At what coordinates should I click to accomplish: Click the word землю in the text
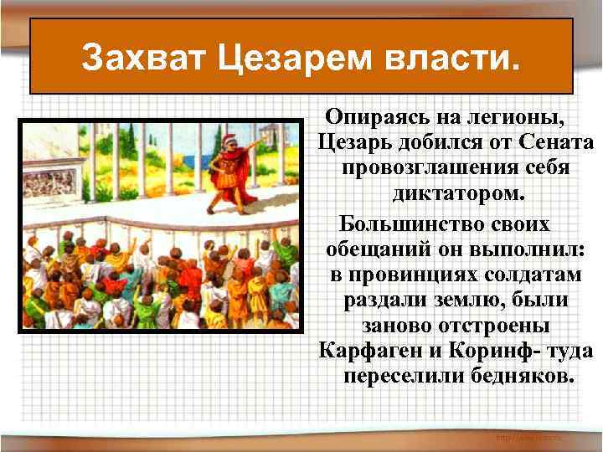click(x=464, y=299)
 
